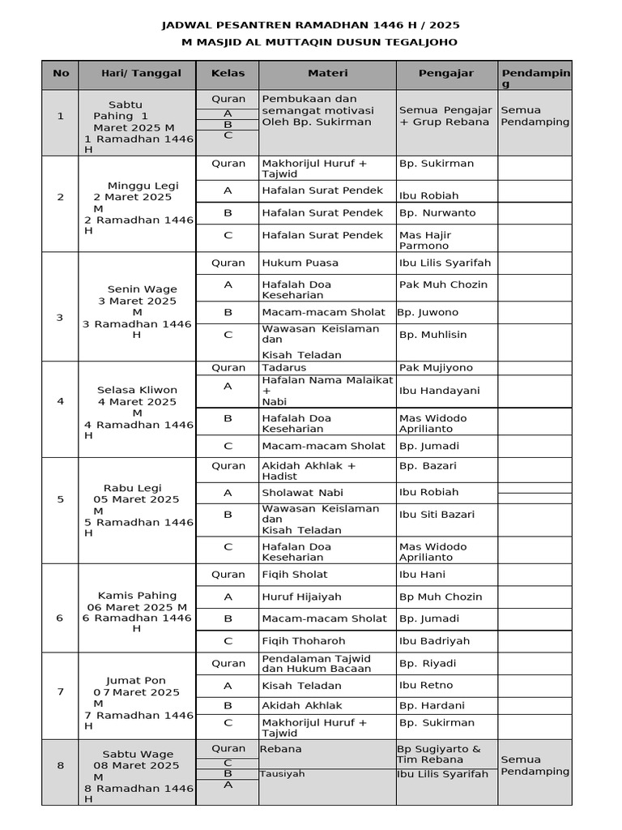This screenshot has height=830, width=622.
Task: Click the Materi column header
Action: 327,73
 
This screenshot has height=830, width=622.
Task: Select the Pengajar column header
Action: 445,73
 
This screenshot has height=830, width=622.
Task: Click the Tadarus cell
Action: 283,367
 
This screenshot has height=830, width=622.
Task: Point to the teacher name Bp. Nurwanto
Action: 437,213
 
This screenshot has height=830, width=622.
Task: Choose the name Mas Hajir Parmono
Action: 425,240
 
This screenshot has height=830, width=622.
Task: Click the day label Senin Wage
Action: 142,289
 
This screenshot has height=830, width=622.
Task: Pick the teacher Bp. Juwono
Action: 428,312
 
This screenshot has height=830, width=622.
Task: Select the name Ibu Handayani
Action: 439,390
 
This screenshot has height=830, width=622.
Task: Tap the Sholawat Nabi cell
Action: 302,492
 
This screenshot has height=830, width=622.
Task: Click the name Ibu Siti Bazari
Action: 437,514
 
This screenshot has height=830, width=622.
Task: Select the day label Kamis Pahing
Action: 137,595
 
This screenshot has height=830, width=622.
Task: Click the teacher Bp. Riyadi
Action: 428,663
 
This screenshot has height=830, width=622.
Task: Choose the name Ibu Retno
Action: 421,685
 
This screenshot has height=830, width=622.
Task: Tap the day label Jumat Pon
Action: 135,680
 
